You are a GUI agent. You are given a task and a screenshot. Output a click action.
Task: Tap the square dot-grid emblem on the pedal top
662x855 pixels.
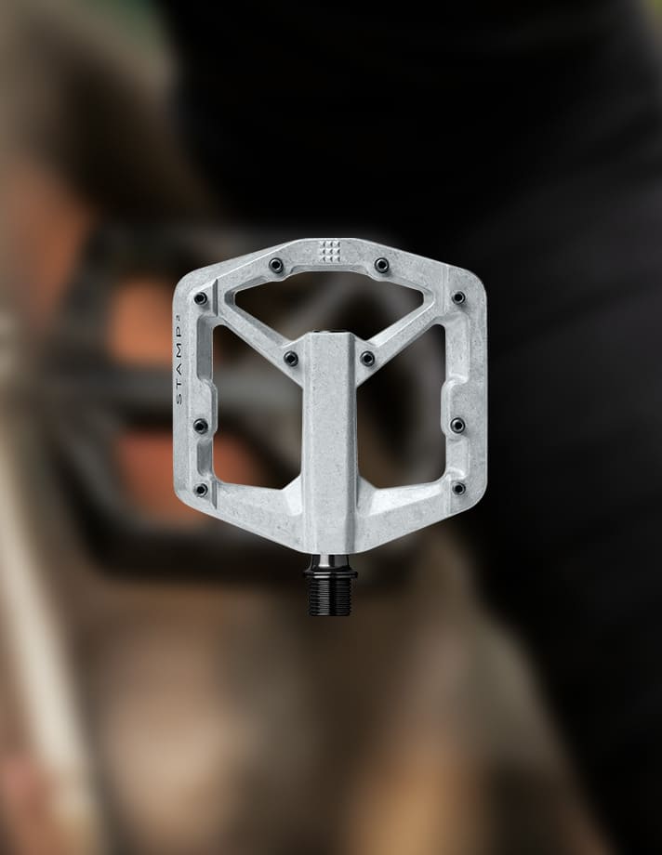(329, 249)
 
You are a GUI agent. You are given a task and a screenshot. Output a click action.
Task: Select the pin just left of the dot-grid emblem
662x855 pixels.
(277, 266)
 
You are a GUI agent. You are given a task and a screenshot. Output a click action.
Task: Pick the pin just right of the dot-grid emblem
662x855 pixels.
(381, 266)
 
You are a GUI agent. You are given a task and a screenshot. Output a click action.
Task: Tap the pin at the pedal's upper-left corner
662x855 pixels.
(201, 298)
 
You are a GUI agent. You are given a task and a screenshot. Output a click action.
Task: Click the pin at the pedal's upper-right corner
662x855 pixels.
(458, 297)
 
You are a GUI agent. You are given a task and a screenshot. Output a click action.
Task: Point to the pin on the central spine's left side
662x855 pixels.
(291, 358)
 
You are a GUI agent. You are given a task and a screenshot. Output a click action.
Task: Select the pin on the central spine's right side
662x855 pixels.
(368, 358)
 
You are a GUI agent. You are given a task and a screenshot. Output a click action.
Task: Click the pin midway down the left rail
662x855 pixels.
(201, 426)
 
